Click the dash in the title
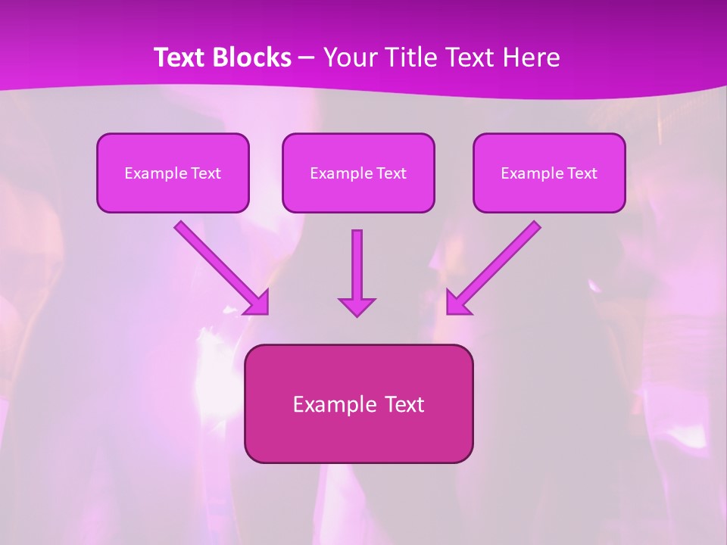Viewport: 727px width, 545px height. point(307,58)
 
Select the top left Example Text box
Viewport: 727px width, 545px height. point(173,173)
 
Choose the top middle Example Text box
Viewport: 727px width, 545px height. point(358,173)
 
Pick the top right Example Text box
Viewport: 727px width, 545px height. point(549,173)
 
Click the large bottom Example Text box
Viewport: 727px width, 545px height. point(358,403)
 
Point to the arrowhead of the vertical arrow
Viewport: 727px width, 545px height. point(357,306)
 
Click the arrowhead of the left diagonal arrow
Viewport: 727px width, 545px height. point(258,303)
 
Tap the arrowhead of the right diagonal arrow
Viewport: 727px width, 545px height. point(457,303)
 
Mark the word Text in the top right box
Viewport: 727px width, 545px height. point(582,173)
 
